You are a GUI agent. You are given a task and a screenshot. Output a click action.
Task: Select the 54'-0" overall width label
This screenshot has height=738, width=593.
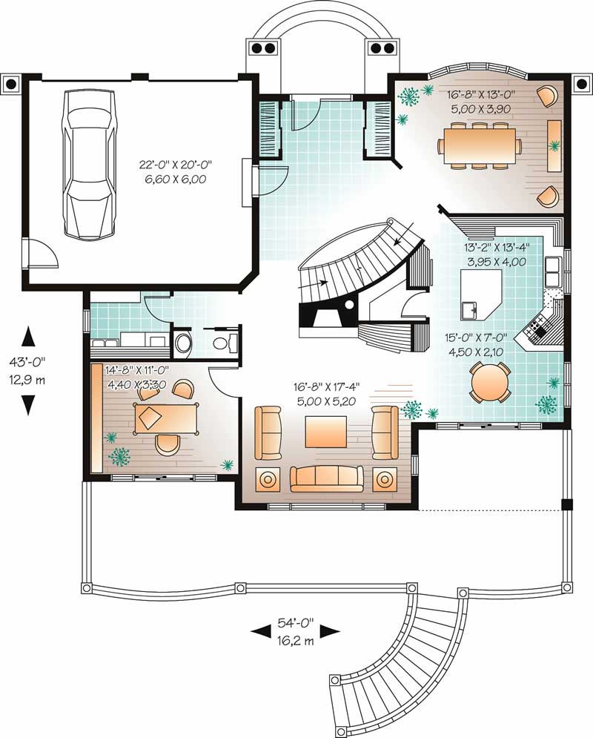click(x=294, y=625)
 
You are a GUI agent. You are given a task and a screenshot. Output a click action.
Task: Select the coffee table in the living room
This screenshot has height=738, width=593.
click(x=325, y=431)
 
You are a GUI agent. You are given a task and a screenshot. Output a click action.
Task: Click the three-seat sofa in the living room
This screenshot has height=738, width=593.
click(x=326, y=478)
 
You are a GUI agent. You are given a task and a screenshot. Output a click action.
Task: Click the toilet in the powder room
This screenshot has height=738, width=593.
click(x=182, y=343)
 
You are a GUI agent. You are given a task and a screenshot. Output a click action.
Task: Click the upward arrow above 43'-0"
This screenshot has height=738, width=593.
click(x=29, y=336)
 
